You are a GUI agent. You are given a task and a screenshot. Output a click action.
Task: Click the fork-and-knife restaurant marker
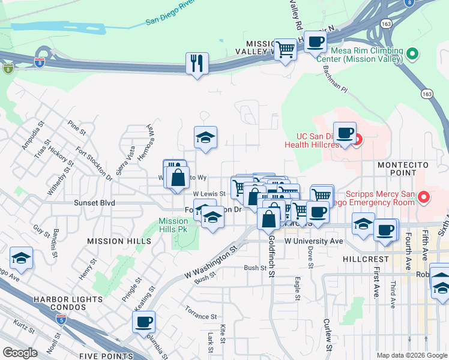tap(197, 62)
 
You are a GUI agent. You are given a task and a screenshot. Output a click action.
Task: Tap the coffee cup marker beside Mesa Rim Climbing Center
tap(315, 43)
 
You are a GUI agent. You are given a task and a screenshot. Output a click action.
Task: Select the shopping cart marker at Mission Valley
tap(285, 49)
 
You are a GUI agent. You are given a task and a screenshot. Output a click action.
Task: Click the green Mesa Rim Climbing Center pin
tap(412, 55)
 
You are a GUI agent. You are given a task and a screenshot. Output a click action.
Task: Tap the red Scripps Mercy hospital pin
tap(424, 197)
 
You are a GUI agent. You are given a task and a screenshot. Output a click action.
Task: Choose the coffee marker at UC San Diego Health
tap(345, 133)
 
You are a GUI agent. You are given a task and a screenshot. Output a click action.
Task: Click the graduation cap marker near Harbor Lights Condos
tap(22, 259)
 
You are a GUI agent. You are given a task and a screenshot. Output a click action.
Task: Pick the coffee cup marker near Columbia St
tap(144, 322)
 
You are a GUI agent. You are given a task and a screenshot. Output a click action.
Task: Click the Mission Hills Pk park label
tap(173, 225)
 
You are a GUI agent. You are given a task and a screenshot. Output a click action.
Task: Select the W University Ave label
tap(313, 241)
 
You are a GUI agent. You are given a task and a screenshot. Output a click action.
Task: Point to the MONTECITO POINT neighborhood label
tap(396, 168)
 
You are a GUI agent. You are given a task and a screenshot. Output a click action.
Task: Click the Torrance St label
tap(200, 316)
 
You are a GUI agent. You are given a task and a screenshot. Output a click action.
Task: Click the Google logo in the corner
tap(20, 353)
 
